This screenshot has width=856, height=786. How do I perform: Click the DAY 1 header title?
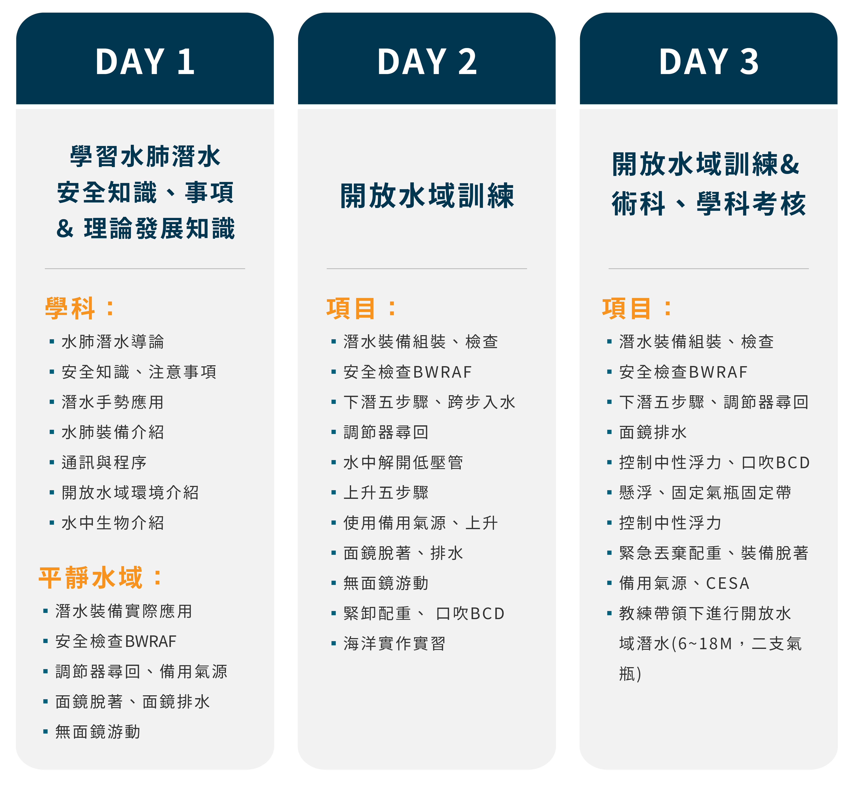(x=145, y=62)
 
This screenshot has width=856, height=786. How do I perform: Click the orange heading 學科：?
(x=80, y=308)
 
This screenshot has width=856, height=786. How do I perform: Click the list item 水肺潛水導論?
(x=113, y=342)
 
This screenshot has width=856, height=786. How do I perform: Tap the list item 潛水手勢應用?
(x=113, y=402)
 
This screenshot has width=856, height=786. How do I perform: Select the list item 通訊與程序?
(x=104, y=462)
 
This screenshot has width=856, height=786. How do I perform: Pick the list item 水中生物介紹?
(x=113, y=523)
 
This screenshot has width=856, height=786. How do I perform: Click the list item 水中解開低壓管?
(x=403, y=462)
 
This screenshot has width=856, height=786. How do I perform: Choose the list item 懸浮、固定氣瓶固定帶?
(x=705, y=492)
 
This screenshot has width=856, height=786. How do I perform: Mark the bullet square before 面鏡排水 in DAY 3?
(x=609, y=432)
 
